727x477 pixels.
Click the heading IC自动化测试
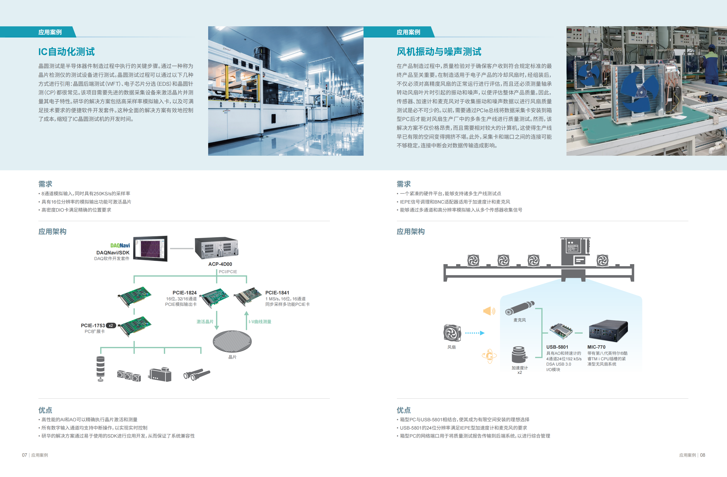click(66, 52)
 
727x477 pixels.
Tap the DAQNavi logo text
click(120, 245)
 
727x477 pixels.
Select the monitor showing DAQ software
click(150, 248)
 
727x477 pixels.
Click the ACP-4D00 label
click(220, 264)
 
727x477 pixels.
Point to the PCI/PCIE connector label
click(228, 272)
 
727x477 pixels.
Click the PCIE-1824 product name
click(184, 293)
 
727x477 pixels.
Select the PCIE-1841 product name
click(277, 293)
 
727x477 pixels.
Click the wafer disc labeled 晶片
click(232, 341)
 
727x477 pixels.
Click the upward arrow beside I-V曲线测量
click(246, 320)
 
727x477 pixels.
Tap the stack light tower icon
click(101, 369)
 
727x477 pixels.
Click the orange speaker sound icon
click(489, 311)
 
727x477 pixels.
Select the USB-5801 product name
click(557, 347)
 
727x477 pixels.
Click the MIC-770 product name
click(596, 347)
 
